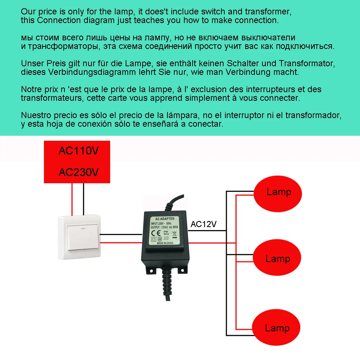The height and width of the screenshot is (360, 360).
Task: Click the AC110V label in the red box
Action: click(78, 151)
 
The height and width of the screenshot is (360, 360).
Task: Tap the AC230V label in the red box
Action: click(78, 172)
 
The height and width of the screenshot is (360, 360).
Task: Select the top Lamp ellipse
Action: click(278, 192)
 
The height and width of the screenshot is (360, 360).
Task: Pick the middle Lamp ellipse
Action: click(277, 258)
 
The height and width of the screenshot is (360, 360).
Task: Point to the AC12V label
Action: click(203, 224)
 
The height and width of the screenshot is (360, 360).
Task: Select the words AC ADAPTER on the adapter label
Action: click(165, 219)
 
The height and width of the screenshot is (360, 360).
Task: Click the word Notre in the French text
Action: click(30, 89)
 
